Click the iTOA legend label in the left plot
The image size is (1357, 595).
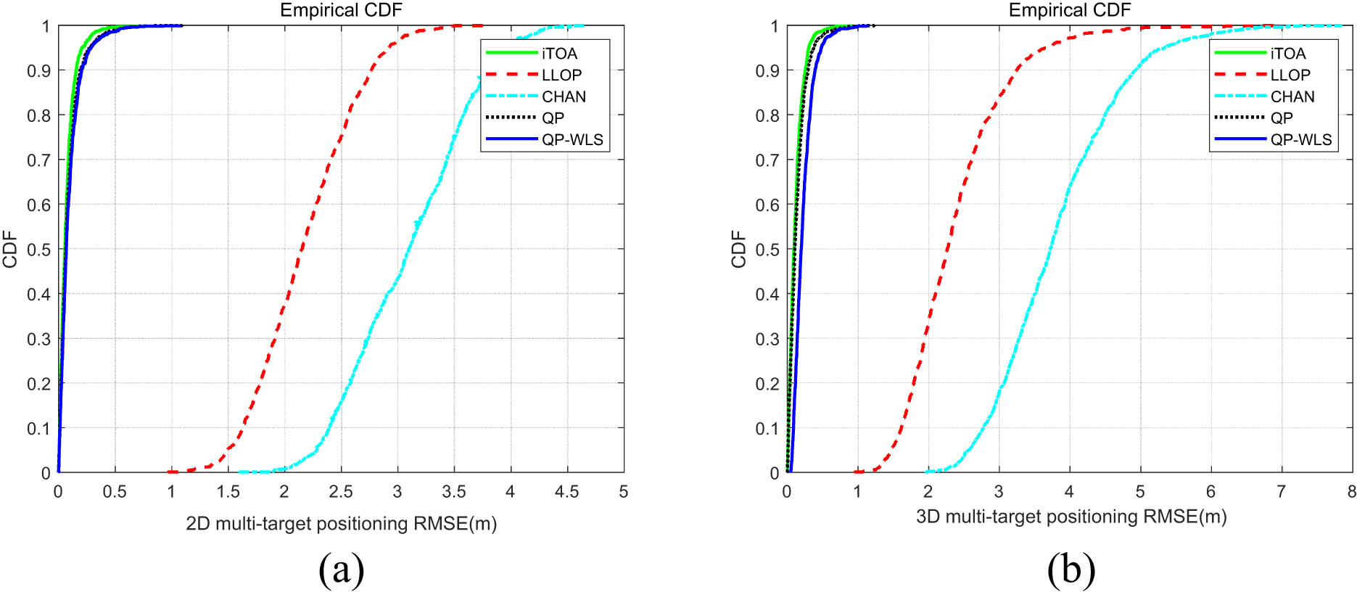(x=559, y=54)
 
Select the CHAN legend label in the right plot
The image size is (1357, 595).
(x=1292, y=97)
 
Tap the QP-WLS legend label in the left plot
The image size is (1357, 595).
(x=572, y=140)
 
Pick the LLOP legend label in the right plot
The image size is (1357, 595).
(x=1290, y=75)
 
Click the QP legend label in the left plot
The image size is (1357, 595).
(x=553, y=118)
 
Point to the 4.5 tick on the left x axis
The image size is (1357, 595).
(x=566, y=493)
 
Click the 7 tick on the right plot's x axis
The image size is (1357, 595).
(x=1282, y=493)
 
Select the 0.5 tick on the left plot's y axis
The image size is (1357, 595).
(x=38, y=250)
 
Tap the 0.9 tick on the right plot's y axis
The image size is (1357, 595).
(x=767, y=71)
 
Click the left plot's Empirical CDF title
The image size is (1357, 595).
(x=341, y=10)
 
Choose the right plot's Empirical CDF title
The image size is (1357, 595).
(x=1070, y=10)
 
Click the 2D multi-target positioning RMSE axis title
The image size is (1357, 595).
(x=341, y=524)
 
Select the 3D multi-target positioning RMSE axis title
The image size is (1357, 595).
(x=1071, y=517)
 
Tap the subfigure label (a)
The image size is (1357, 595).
(x=341, y=570)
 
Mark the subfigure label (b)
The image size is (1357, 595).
(x=1071, y=570)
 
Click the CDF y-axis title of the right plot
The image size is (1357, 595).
(x=739, y=249)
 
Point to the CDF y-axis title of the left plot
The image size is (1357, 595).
(x=10, y=249)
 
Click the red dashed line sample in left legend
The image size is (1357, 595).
(x=511, y=75)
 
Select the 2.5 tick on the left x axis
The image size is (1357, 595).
(x=341, y=493)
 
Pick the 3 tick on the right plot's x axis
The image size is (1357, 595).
(x=999, y=493)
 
